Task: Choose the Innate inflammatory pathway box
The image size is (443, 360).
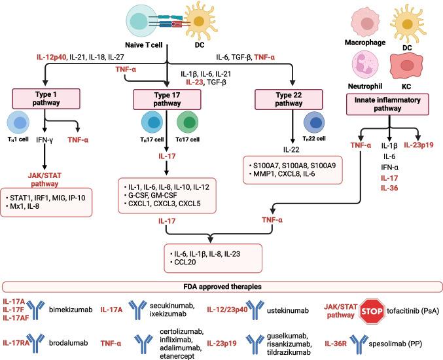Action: coord(389,103)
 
